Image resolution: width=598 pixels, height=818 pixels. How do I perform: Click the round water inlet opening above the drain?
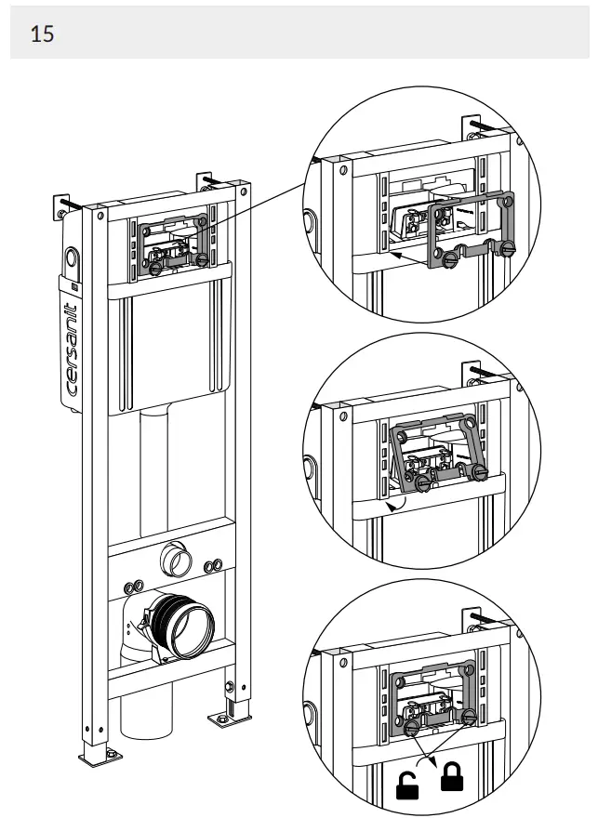[x=174, y=561]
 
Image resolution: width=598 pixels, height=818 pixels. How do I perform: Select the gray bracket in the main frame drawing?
[x=175, y=244]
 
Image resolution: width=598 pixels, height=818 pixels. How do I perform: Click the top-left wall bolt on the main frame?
[x=68, y=204]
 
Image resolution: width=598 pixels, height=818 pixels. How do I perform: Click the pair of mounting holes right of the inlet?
[x=212, y=564]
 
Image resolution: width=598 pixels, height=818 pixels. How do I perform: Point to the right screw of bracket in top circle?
[x=505, y=250]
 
